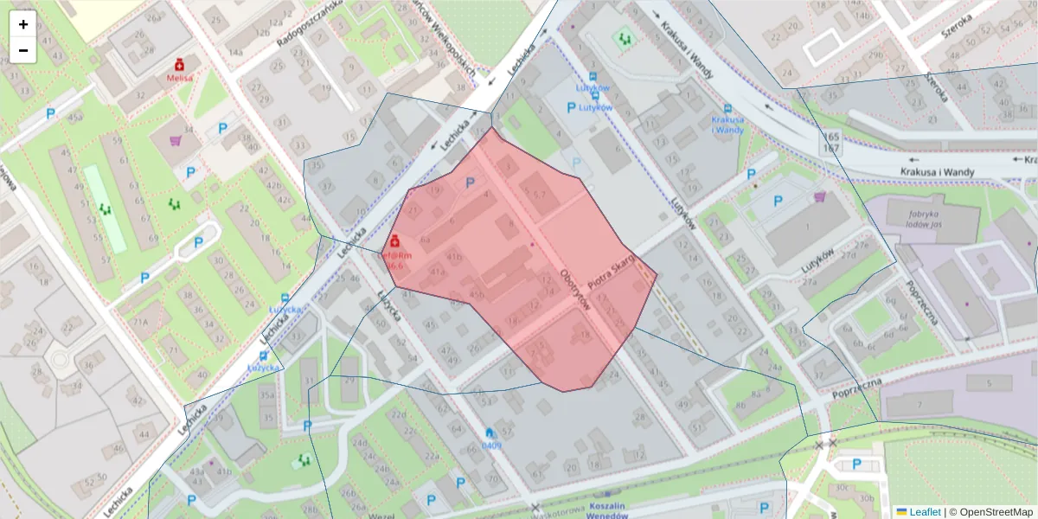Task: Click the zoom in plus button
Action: point(23,24)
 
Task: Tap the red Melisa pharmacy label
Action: point(180,77)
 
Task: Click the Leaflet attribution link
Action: point(924,512)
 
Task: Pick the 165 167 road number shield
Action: point(831,144)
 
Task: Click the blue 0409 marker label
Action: point(491,445)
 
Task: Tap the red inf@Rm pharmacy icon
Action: point(394,240)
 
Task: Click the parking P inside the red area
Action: point(471,183)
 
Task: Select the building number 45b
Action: point(476,294)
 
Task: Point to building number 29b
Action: point(876,55)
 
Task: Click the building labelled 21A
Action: point(140,323)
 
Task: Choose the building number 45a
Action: point(75,117)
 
